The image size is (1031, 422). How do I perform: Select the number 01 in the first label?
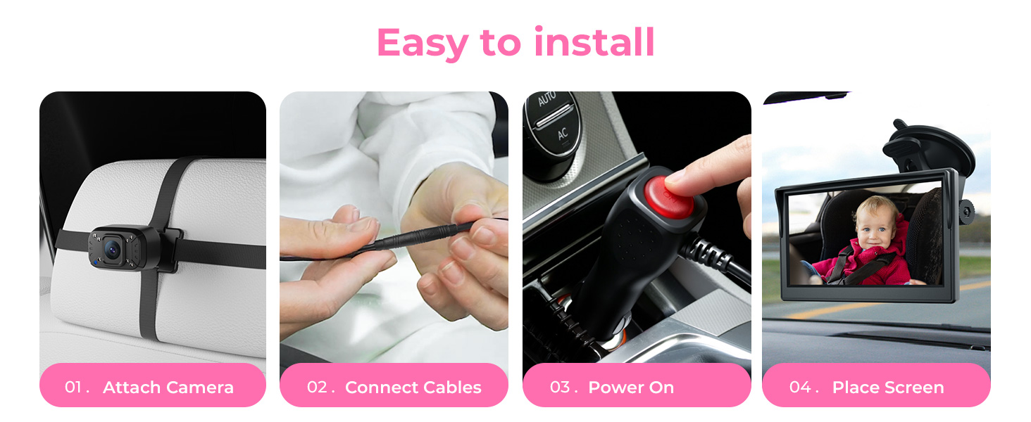[x=74, y=387]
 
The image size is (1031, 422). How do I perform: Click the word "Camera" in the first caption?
[x=198, y=387]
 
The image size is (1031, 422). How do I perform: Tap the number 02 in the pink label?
[x=317, y=387]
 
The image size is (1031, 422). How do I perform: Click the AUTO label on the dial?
[x=546, y=99]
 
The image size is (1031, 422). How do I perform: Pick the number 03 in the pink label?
[x=560, y=387]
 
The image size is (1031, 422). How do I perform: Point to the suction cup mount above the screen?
[x=928, y=146]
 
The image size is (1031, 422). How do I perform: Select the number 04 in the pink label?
[x=800, y=387]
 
